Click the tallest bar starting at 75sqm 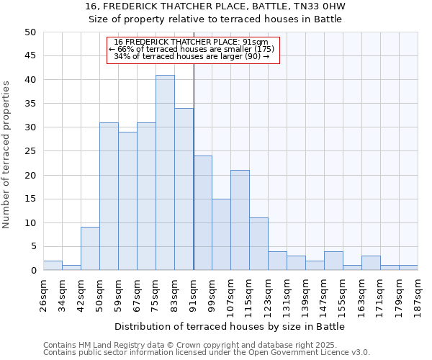point(165,173)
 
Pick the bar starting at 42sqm point(90,248)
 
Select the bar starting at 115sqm point(258,244)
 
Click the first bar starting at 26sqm point(53,266)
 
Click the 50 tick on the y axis point(30,32)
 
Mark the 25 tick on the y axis point(30,151)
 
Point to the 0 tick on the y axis point(33,271)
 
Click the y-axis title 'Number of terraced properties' point(6,154)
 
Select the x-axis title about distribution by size point(230,326)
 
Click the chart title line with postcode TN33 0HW point(215,6)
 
